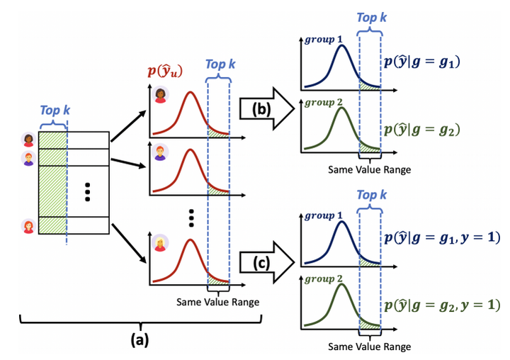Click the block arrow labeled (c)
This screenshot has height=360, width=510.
(x=266, y=263)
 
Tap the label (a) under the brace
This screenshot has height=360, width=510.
(x=139, y=339)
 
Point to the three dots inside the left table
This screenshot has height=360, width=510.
(x=87, y=192)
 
